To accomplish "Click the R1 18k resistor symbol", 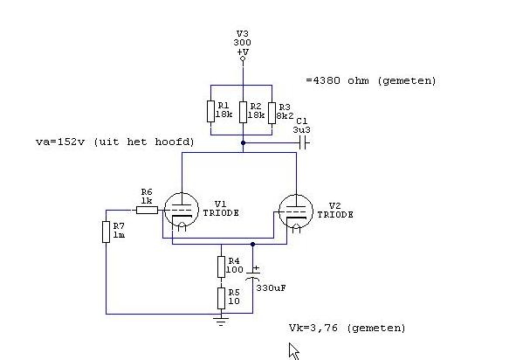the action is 210,111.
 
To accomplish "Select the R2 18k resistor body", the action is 243,113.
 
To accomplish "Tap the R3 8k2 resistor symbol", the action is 272,113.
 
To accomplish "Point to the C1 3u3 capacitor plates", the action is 304,143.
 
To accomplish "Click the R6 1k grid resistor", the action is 147,210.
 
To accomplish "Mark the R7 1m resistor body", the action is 106,232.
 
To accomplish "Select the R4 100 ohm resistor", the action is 221,267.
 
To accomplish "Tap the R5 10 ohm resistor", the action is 221,299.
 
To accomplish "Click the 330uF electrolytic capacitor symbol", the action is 252,275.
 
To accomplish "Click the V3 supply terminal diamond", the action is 243,59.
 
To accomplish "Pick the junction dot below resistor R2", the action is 243,143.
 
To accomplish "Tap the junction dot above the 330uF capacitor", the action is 252,244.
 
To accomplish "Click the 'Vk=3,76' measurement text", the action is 313,328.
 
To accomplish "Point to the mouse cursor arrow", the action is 293,350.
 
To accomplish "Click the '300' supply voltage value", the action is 242,43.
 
